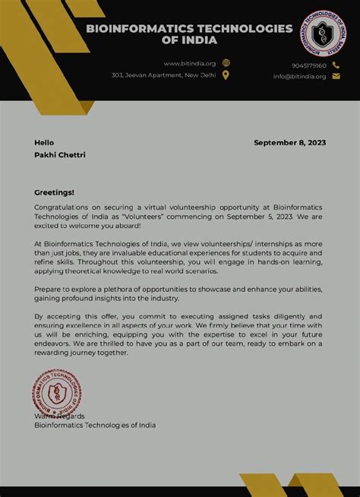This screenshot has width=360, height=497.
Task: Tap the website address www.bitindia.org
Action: tap(190, 64)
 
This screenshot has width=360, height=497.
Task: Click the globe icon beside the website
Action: tap(226, 63)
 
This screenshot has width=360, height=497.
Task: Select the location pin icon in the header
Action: tap(226, 75)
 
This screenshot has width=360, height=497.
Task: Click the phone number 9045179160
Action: tap(309, 65)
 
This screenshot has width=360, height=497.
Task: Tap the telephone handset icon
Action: tap(336, 65)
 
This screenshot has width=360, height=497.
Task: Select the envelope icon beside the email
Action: tap(336, 76)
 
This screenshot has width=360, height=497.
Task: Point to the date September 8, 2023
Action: tap(290, 143)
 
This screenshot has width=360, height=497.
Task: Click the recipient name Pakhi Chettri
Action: tap(60, 155)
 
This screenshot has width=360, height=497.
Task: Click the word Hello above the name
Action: tap(44, 143)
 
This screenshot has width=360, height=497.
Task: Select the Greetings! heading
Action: tap(55, 192)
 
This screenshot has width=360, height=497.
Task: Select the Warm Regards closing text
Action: tap(59, 416)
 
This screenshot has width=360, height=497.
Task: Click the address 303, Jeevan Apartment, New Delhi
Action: tap(163, 75)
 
